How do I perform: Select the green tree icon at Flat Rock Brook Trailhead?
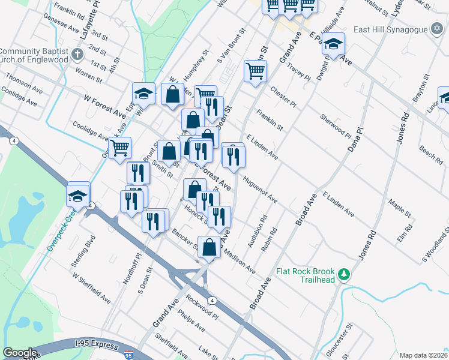pyautogui.click(x=343, y=275)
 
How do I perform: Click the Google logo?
pyautogui.click(x=20, y=353)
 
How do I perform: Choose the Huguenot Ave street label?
pyautogui.click(x=260, y=188)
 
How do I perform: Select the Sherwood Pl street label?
pyautogui.click(x=334, y=125)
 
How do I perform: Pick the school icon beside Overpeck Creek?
pyautogui.click(x=78, y=196)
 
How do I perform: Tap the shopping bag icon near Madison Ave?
pyautogui.click(x=209, y=247)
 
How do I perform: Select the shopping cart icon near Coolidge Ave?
pyautogui.click(x=119, y=146)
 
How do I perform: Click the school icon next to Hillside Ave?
pyautogui.click(x=333, y=44)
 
